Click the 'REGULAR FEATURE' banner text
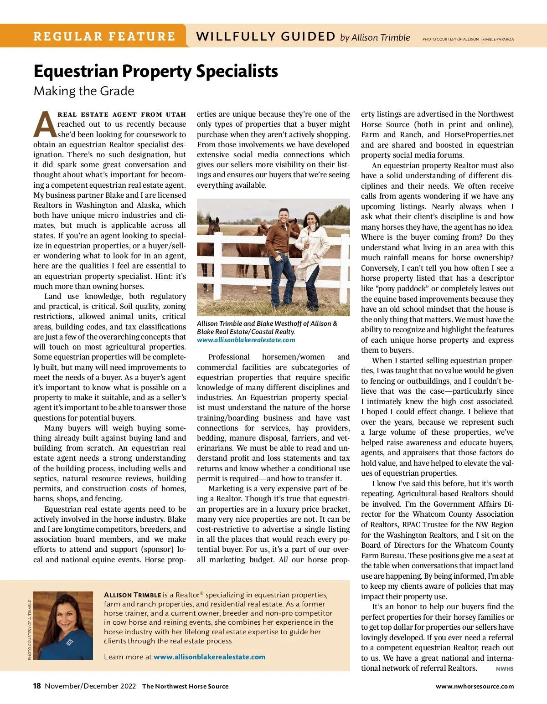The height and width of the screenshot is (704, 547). (x=104, y=36)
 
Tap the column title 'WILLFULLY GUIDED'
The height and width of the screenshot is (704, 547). (x=266, y=36)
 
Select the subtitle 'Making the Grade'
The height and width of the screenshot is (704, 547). (x=84, y=91)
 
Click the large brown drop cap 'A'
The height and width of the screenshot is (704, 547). (x=45, y=124)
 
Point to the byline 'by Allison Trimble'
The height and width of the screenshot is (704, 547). (x=375, y=37)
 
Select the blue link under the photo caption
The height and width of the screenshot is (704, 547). (x=246, y=340)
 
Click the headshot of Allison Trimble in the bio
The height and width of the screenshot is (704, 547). (x=63, y=625)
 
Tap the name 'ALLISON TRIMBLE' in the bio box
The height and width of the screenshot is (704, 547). (x=133, y=595)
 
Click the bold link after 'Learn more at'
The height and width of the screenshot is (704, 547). (x=209, y=657)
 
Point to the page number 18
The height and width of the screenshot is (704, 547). (x=37, y=686)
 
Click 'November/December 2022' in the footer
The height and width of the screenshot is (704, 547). (x=90, y=686)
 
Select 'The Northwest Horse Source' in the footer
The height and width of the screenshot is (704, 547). (x=185, y=686)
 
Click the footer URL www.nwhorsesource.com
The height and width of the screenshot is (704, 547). (x=475, y=686)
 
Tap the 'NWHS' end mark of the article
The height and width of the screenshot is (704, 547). (x=505, y=669)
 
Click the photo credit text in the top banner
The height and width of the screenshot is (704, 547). (x=468, y=39)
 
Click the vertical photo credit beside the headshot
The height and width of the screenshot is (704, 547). (x=30, y=630)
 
